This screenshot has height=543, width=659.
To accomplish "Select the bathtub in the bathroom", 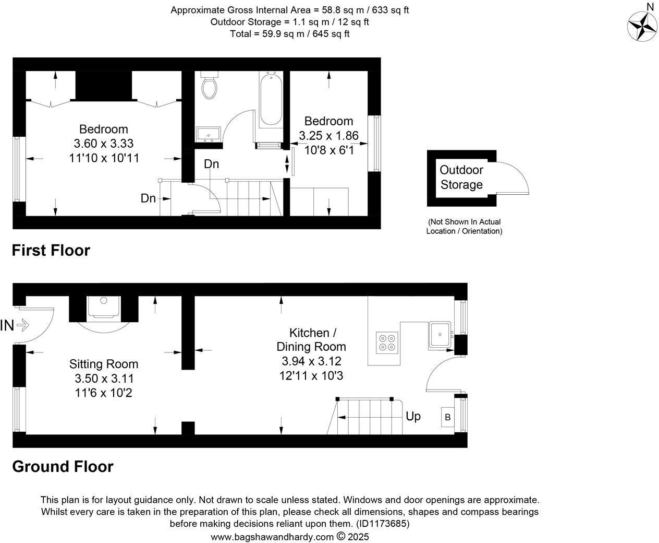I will (271, 99).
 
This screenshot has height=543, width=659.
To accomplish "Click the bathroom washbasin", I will (209, 134).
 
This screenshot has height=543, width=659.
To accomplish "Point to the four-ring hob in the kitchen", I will (387, 342).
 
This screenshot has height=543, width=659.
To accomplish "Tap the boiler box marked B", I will (447, 417).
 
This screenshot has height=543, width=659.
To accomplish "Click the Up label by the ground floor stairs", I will (413, 417).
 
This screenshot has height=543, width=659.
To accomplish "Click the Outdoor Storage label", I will (461, 177).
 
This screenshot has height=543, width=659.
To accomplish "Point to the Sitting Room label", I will (104, 364).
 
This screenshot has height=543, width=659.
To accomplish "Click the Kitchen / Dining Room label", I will (311, 339).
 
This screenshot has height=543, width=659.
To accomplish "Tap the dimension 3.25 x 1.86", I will (328, 136).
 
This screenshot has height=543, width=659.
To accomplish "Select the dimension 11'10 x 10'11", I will (104, 157).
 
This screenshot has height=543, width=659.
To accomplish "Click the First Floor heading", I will (51, 251).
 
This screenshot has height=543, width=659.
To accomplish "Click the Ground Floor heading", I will (63, 466).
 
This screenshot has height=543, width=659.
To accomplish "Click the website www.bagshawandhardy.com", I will (272, 537).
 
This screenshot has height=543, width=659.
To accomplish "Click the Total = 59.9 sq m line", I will (289, 34).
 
